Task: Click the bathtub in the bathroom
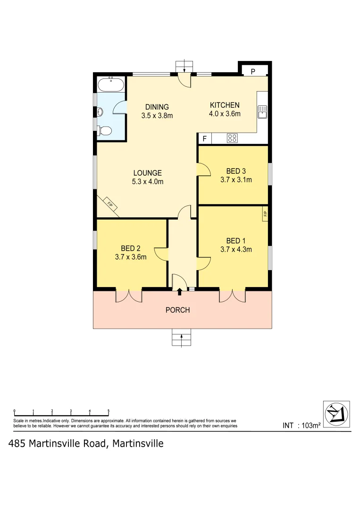coord(111,86)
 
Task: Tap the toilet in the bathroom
coord(105,130)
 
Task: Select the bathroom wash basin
coord(100,112)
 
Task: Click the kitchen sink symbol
coord(262,112)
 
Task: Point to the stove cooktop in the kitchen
coord(232,138)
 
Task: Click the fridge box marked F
coord(204,139)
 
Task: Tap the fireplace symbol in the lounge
coord(109,205)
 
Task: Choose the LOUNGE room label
coord(147,173)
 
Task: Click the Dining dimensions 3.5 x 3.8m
coord(157,115)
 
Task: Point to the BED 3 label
coord(236,171)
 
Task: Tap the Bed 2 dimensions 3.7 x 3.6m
coord(131,257)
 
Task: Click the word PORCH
coord(178,310)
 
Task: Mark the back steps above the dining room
coord(184,67)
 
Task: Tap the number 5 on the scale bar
coord(109,411)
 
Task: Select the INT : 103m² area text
coord(301,425)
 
